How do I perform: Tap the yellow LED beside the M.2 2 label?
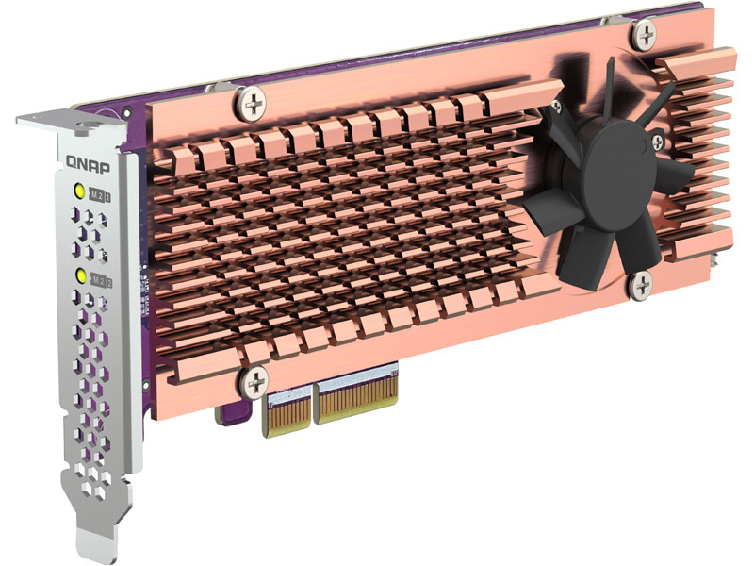[x=82, y=276]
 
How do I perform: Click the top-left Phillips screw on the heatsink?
[x=253, y=103]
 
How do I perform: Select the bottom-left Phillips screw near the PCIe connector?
[x=254, y=381]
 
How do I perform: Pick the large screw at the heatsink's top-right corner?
[x=646, y=35]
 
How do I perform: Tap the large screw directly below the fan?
[x=641, y=283]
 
